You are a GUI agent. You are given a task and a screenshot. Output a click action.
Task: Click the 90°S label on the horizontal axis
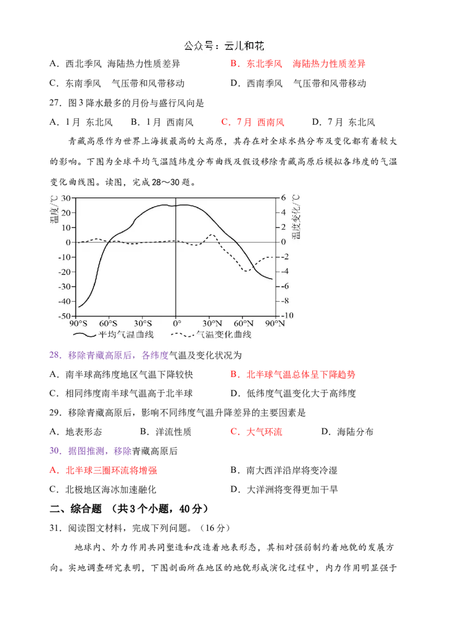(78, 323)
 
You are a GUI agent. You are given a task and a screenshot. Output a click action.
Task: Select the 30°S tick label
(143, 323)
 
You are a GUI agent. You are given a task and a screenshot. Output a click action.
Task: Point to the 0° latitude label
(176, 323)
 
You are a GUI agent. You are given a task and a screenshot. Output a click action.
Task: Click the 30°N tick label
(211, 323)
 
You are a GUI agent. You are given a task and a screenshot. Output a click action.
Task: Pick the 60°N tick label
(244, 323)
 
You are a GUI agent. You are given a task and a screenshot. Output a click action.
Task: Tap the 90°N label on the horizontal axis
(276, 323)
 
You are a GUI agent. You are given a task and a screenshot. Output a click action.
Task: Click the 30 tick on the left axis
(65, 198)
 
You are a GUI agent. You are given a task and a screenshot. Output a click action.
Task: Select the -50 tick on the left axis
(64, 316)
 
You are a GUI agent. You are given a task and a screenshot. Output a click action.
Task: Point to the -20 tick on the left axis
(64, 271)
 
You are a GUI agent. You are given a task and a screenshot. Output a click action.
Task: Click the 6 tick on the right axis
(283, 198)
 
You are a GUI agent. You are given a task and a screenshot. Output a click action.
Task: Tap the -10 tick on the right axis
(287, 316)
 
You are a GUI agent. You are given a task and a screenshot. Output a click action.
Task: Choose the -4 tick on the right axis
(285, 271)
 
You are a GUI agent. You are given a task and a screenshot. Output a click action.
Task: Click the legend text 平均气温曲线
(125, 334)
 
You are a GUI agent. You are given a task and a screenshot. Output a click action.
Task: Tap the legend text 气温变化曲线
(223, 334)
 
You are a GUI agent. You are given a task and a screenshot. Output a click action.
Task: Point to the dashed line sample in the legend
(182, 334)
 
